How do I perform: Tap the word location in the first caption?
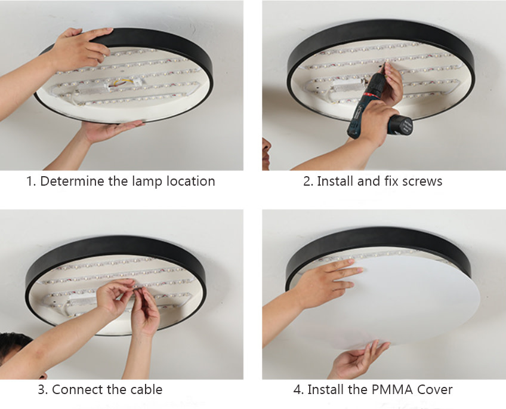[x=191, y=181]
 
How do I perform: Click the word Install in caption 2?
[x=335, y=181]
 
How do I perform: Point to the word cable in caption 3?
[x=146, y=389]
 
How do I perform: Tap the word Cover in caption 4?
[x=434, y=389]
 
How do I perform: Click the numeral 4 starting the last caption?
[x=298, y=389]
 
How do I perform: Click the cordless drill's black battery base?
[x=401, y=125]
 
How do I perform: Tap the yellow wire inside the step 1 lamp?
[x=121, y=82]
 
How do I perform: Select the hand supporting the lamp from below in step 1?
[x=110, y=131]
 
